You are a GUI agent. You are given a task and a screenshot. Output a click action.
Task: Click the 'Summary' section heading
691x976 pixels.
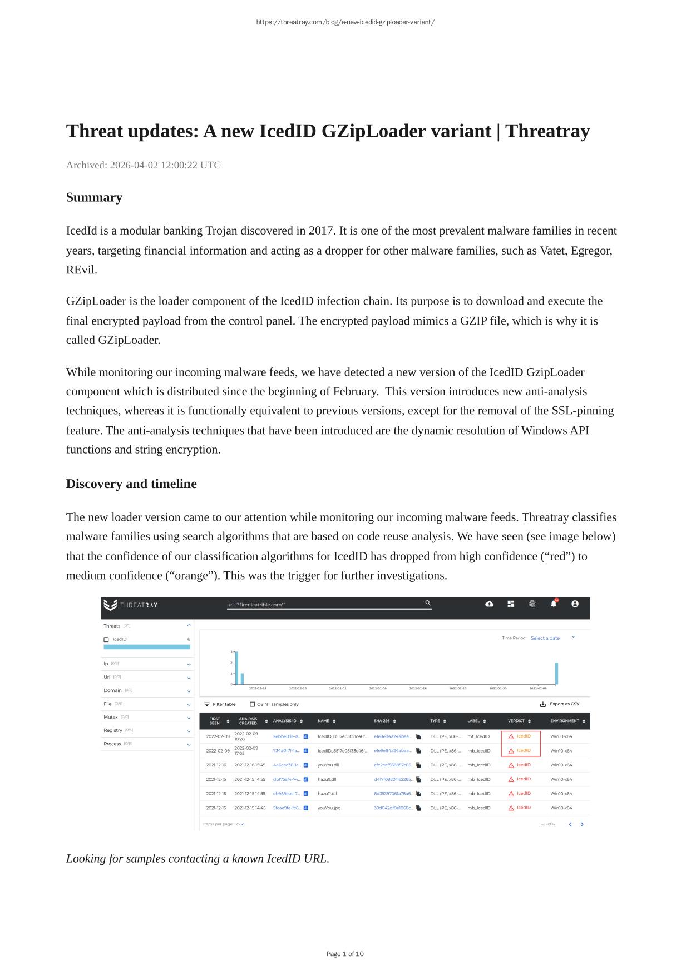click(x=94, y=197)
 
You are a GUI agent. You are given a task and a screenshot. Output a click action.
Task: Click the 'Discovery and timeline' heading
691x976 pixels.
click(x=131, y=484)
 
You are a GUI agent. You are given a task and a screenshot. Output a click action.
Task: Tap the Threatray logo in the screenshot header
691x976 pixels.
click(x=131, y=605)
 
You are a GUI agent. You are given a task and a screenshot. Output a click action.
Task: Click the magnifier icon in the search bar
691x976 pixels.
click(x=428, y=603)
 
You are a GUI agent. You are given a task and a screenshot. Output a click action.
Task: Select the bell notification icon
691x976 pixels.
click(x=554, y=604)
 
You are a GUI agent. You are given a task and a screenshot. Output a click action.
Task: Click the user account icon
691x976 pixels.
click(x=575, y=604)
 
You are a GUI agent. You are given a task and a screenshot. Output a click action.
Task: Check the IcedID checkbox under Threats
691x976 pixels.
click(x=106, y=640)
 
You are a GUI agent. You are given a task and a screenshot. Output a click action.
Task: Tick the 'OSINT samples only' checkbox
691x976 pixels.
click(x=253, y=704)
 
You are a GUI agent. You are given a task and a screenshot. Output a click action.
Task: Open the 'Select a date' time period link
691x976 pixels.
click(x=545, y=638)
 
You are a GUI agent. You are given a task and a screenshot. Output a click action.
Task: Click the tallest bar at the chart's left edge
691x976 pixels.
click(x=236, y=668)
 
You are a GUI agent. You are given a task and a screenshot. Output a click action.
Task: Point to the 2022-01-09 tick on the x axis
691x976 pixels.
click(x=378, y=688)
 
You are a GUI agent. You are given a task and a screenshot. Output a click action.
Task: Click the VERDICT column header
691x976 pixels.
click(x=516, y=721)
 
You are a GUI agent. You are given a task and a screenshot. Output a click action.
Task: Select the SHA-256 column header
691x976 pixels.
click(x=382, y=721)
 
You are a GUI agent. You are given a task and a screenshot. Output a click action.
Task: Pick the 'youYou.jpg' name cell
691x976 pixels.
click(x=329, y=808)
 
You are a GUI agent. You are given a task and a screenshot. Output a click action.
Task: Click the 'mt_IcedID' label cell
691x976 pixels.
click(x=478, y=736)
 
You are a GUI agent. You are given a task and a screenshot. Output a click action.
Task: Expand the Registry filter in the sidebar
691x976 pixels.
click(x=189, y=731)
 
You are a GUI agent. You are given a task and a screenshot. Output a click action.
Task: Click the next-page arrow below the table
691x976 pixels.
click(x=582, y=824)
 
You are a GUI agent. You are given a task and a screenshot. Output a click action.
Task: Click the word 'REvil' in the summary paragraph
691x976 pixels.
click(x=81, y=270)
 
